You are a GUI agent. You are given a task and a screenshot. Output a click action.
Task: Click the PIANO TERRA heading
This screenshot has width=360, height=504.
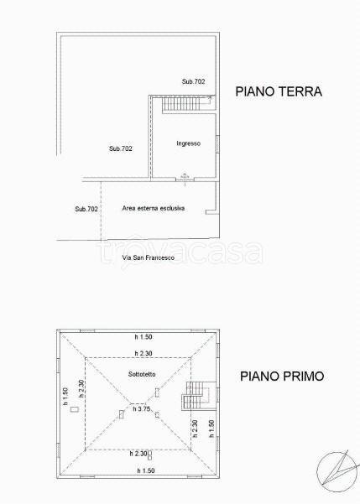click(279, 91)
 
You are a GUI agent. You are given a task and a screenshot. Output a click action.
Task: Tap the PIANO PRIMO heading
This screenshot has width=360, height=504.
click(282, 376)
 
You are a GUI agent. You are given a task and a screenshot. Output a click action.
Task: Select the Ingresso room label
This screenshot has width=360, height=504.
click(188, 143)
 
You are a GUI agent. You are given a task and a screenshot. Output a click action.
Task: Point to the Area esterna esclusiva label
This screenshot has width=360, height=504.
click(153, 208)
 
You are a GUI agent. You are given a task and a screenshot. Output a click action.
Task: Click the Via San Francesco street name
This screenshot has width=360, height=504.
click(149, 257)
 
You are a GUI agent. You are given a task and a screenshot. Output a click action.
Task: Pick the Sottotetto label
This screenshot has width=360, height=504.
click(142, 374)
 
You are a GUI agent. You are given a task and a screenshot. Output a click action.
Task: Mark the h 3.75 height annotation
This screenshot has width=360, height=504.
click(142, 409)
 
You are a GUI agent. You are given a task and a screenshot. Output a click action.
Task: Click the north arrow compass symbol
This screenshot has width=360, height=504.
click(337, 471)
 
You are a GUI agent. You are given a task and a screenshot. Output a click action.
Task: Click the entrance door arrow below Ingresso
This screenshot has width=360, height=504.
click(185, 179)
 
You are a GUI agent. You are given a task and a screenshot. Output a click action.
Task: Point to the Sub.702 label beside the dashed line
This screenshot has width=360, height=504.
click(86, 209)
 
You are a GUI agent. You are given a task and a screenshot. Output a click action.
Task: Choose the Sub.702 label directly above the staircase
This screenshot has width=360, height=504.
click(193, 81)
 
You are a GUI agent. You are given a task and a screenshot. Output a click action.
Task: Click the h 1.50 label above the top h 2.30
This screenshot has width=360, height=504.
click(143, 337)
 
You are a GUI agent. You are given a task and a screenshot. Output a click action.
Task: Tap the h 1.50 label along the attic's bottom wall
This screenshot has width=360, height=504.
click(146, 470)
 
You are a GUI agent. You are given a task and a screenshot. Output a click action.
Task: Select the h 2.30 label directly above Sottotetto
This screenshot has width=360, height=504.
click(143, 353)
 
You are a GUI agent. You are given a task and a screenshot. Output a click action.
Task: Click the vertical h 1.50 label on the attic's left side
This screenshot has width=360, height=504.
click(65, 396)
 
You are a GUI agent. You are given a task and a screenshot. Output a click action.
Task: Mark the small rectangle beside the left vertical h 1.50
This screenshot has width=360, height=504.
click(75, 409)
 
